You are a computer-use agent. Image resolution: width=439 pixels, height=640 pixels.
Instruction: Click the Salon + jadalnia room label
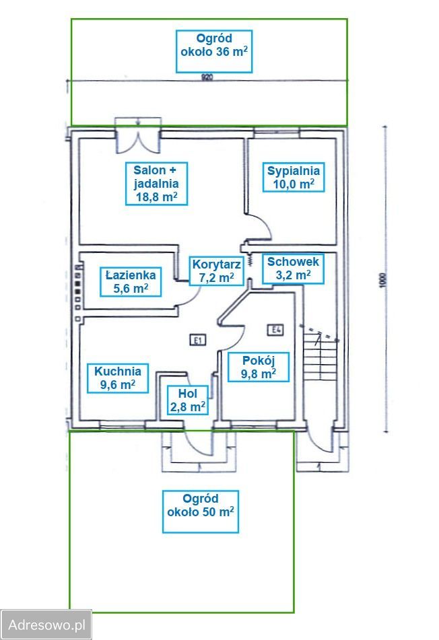pyautogui.click(x=156, y=183)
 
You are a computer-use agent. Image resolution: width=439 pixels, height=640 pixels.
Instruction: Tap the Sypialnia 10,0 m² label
pyautogui.click(x=293, y=177)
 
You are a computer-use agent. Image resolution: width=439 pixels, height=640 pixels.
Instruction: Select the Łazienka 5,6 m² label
pyautogui.click(x=131, y=281)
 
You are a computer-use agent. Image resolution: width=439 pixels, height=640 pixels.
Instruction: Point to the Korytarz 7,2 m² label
pyautogui.click(x=216, y=271)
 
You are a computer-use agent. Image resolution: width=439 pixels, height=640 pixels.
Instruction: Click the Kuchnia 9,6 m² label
pyautogui.click(x=118, y=378)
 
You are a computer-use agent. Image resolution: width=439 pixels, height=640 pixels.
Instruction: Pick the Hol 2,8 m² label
pyautogui.click(x=187, y=400)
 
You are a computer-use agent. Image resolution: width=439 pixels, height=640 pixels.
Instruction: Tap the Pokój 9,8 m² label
pyautogui.click(x=258, y=367)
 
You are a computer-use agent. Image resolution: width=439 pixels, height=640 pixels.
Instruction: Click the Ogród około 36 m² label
pyautogui.click(x=214, y=51)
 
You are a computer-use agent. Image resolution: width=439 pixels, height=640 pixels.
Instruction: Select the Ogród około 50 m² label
pyautogui.click(x=201, y=511)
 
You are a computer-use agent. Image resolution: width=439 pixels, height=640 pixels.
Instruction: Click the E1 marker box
pyautogui.click(x=198, y=340)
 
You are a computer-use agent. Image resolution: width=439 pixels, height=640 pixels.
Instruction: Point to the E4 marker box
pyautogui.click(x=275, y=329)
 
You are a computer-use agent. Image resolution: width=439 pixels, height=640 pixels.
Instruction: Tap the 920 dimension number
pyautogui.click(x=207, y=77)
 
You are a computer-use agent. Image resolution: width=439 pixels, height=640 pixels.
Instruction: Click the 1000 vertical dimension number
pyautogui.click(x=382, y=279)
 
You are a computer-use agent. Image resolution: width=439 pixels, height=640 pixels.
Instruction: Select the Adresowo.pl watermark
pyautogui.click(x=46, y=625)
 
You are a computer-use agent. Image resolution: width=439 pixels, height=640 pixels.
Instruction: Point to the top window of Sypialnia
pyautogui.click(x=277, y=132)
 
